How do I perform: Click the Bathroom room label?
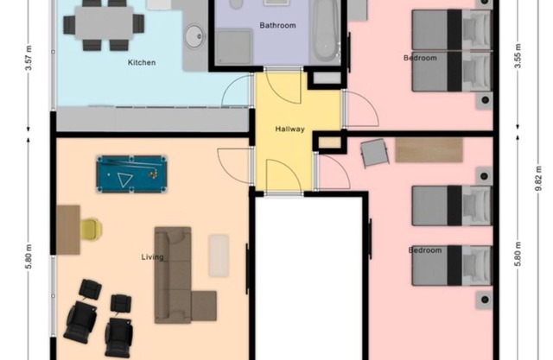[x=277, y=25]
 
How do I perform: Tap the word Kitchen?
[x=142, y=62]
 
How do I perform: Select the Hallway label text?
[x=290, y=129]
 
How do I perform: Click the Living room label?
[x=152, y=256]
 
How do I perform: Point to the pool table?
[x=131, y=174]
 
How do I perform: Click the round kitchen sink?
[x=195, y=36]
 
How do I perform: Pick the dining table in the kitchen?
[x=104, y=23]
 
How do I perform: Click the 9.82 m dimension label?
[x=537, y=179]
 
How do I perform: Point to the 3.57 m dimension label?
[x=29, y=58]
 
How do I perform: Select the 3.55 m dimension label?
[x=518, y=56]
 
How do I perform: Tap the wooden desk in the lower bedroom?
[x=429, y=149]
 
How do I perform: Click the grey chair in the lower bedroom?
[x=374, y=153]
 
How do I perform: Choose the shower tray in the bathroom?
[x=234, y=47]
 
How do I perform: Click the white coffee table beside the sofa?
[x=219, y=256]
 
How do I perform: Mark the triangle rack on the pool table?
[x=124, y=180]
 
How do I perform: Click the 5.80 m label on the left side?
[x=29, y=256]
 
